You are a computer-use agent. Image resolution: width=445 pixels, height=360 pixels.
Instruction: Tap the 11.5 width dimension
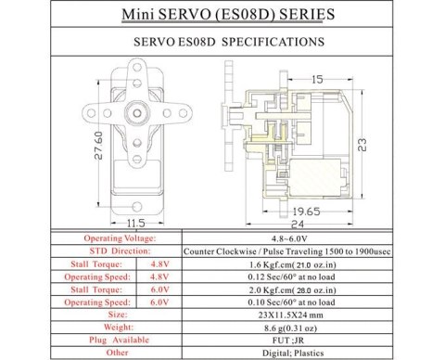(135, 223)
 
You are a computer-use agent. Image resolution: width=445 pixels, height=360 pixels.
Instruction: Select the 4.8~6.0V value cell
(303, 238)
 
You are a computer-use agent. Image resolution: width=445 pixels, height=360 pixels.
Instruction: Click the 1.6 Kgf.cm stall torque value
(291, 264)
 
